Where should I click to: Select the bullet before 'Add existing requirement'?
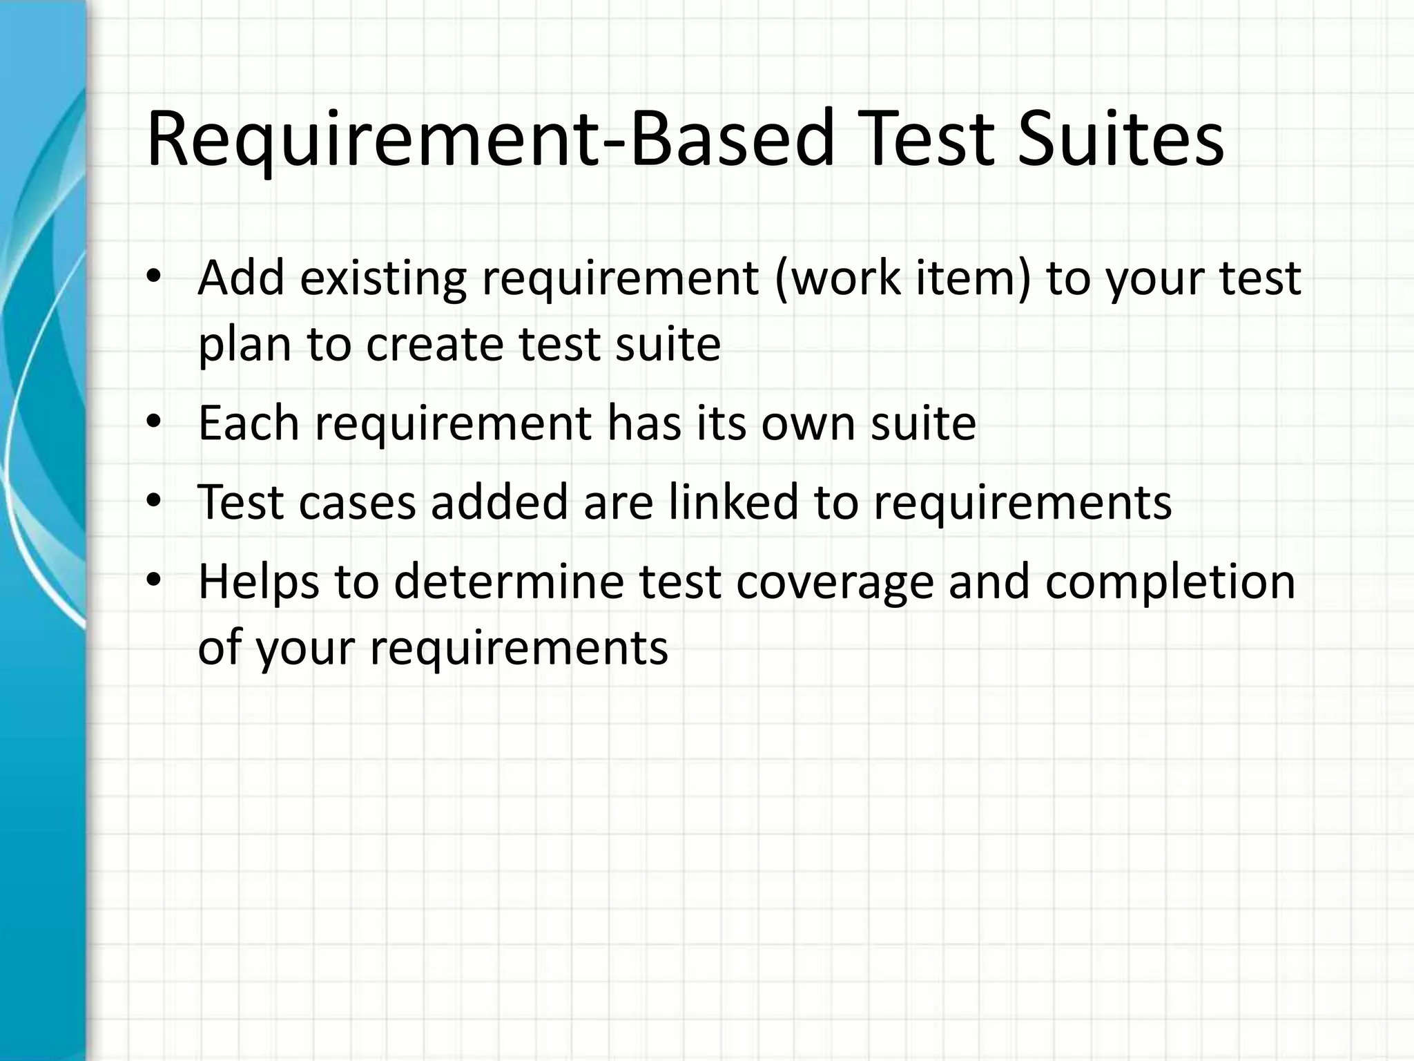[153, 278]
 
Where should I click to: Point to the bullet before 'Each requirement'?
[153, 423]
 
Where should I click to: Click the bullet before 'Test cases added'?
[153, 501]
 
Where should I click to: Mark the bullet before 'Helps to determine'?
[153, 581]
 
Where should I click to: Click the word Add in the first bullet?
[241, 278]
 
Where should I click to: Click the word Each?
[249, 423]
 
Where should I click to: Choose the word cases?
[357, 502]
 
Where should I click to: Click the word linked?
[733, 501]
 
